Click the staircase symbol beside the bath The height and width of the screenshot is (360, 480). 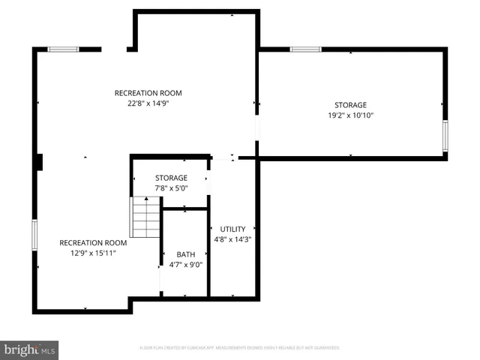[146, 217]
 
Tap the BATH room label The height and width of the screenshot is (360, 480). [185, 254]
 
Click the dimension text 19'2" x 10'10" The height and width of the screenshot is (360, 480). [350, 115]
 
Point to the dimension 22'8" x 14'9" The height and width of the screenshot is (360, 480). [148, 103]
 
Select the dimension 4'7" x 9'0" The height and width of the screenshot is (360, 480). [185, 264]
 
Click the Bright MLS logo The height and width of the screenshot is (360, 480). [29, 349]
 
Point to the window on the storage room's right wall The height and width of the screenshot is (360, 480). [445, 136]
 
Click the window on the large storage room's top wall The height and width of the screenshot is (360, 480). [306, 49]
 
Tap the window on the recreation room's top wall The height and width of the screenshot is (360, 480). [63, 49]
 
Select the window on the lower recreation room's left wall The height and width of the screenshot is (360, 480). [34, 235]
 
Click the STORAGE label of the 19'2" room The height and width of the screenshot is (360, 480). [350, 105]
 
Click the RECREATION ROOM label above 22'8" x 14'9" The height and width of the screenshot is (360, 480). [148, 93]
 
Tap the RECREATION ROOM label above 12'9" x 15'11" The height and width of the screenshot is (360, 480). [93, 243]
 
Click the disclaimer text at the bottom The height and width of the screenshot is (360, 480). [240, 348]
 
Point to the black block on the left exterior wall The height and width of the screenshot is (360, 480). [40, 162]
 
